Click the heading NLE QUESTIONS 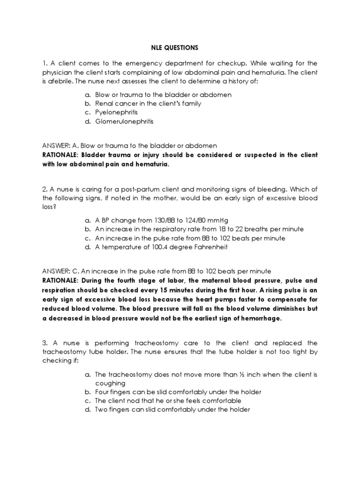click(x=180, y=47)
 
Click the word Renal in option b click(x=105, y=104)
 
